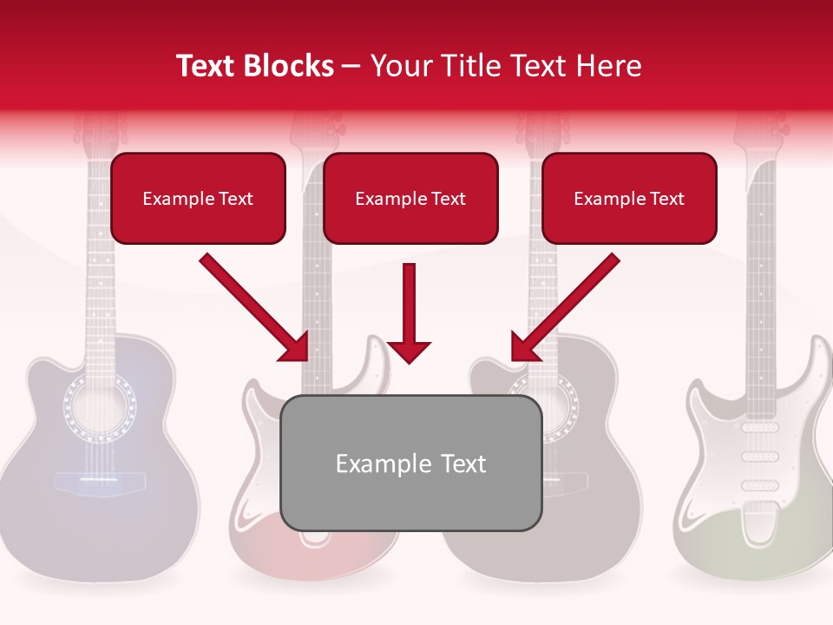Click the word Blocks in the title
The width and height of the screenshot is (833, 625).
coord(290,66)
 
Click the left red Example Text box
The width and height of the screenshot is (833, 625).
coord(198,198)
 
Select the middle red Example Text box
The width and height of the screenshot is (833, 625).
coord(410,198)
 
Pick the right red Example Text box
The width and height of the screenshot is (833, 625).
coord(629,198)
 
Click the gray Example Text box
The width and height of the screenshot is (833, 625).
coord(410,463)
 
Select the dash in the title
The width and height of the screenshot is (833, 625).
coord(351,67)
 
